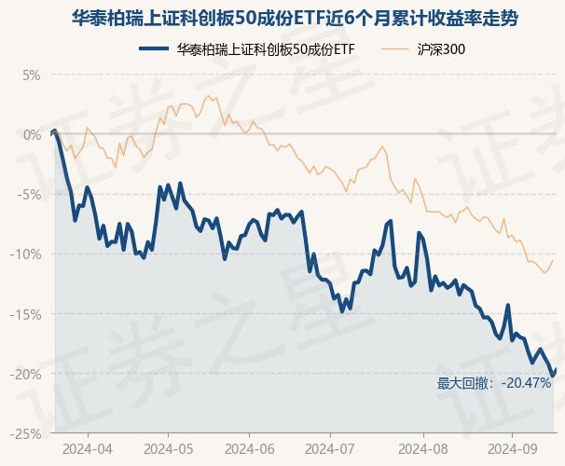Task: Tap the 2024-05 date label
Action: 168,448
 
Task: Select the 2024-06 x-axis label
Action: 251,448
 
